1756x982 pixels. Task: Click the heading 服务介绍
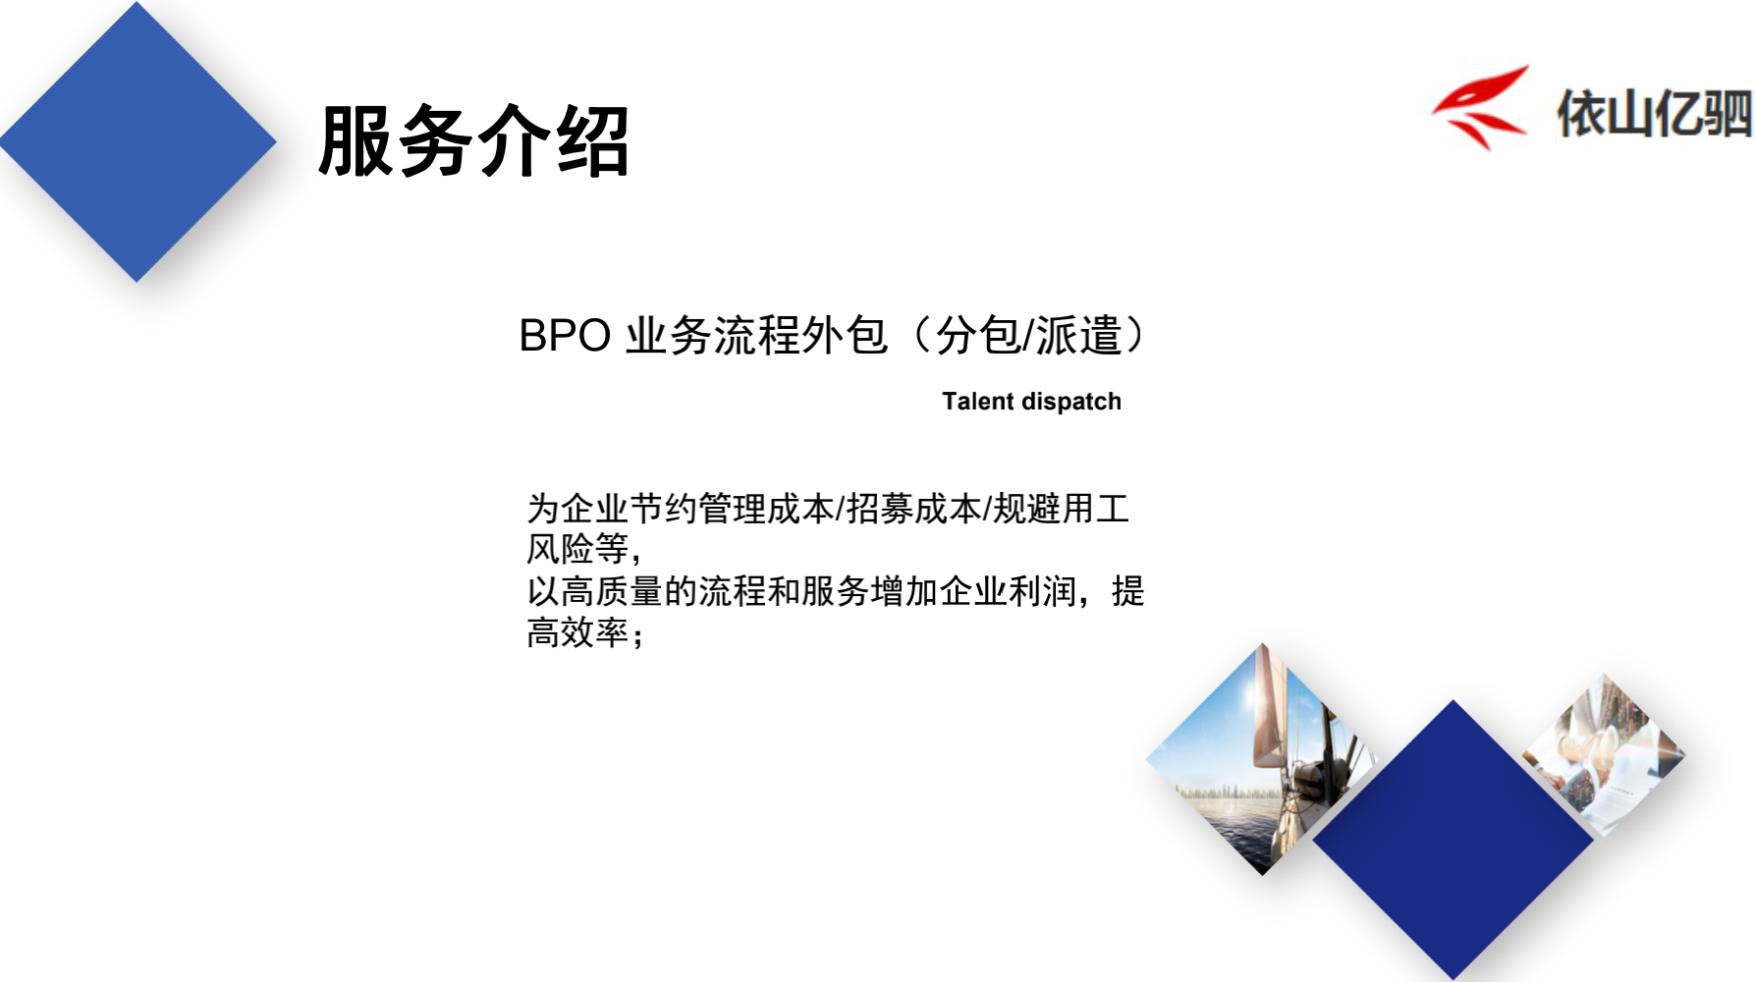[x=473, y=141]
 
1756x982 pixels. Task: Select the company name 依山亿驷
[x=1655, y=113]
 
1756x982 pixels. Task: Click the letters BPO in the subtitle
[x=565, y=336]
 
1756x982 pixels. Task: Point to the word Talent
[x=978, y=402]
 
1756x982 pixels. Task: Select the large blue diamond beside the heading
[x=137, y=142]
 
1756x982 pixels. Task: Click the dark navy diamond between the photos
[x=1453, y=840]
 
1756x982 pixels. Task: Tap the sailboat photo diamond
[x=1262, y=759]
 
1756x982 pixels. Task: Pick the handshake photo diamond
[x=1604, y=755]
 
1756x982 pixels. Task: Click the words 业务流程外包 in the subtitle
[x=756, y=336]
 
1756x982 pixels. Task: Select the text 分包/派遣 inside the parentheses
[x=1028, y=336]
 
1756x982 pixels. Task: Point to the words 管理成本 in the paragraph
[x=766, y=509]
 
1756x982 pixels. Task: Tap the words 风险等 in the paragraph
[x=577, y=549]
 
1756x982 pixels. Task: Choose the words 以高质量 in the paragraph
[x=595, y=591]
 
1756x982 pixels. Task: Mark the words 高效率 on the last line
[x=577, y=632]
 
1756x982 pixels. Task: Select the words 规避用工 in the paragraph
[x=1061, y=509]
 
